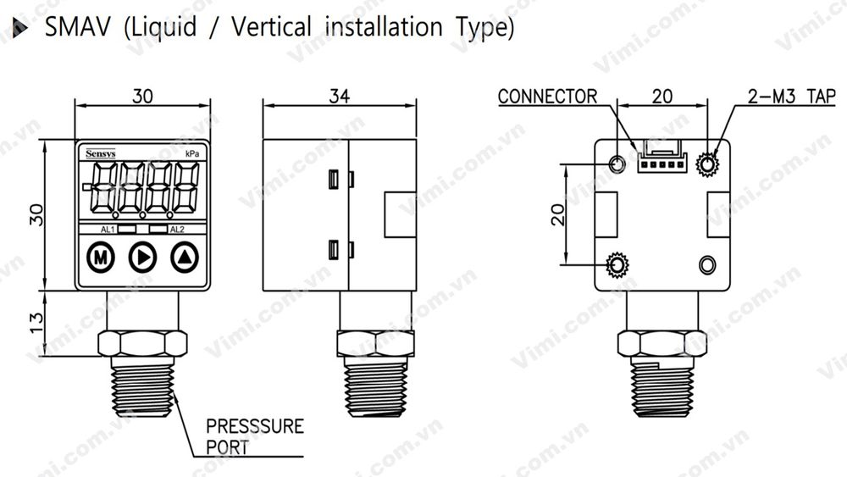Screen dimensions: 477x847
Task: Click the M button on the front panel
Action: click(x=101, y=256)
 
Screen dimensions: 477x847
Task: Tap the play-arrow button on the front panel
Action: click(x=142, y=256)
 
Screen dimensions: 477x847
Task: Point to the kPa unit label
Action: click(x=192, y=153)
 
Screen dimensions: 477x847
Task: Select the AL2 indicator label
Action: click(x=176, y=230)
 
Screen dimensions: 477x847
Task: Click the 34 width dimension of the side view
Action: click(x=339, y=96)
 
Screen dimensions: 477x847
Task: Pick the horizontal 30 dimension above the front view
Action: click(x=143, y=96)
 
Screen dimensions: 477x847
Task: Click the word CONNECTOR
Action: click(x=547, y=96)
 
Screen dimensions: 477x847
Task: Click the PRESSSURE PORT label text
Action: click(x=255, y=436)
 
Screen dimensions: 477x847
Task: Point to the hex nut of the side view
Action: click(x=377, y=342)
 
